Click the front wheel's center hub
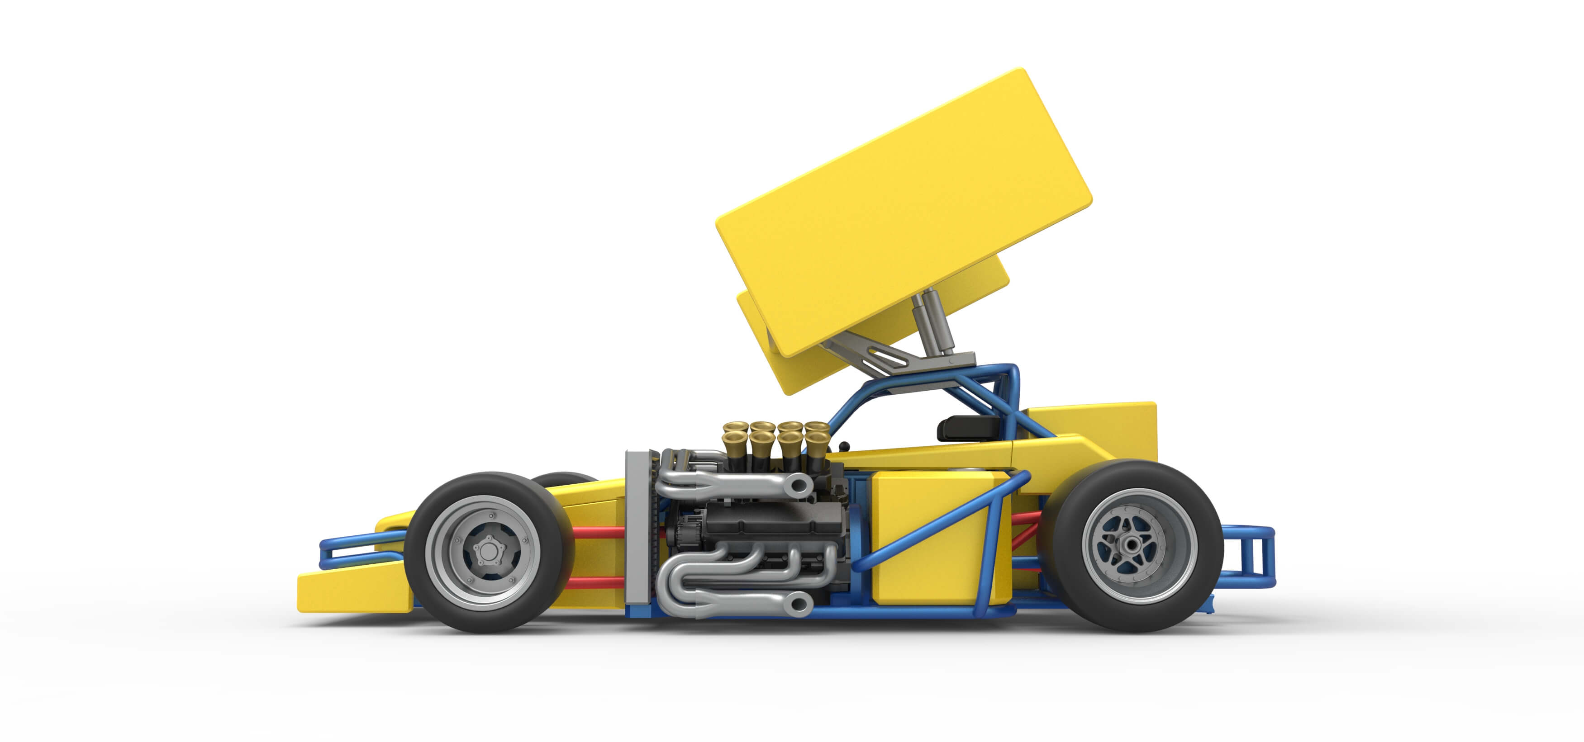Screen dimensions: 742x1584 pos(488,551)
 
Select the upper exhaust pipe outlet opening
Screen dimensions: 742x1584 pos(799,486)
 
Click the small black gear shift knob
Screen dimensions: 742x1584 pos(844,446)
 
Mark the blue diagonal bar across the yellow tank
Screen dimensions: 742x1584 pos(941,523)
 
